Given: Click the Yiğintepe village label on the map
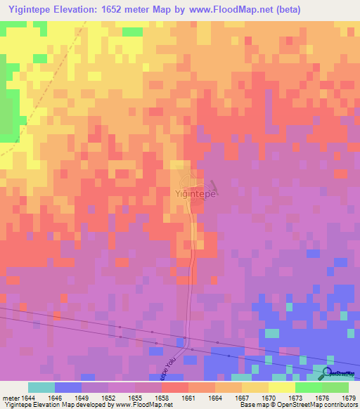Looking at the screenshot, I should click(195, 193).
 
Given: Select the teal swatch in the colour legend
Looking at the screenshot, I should click(41, 387).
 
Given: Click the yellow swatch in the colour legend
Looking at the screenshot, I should click(281, 387).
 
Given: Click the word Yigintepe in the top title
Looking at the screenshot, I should click(30, 10).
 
